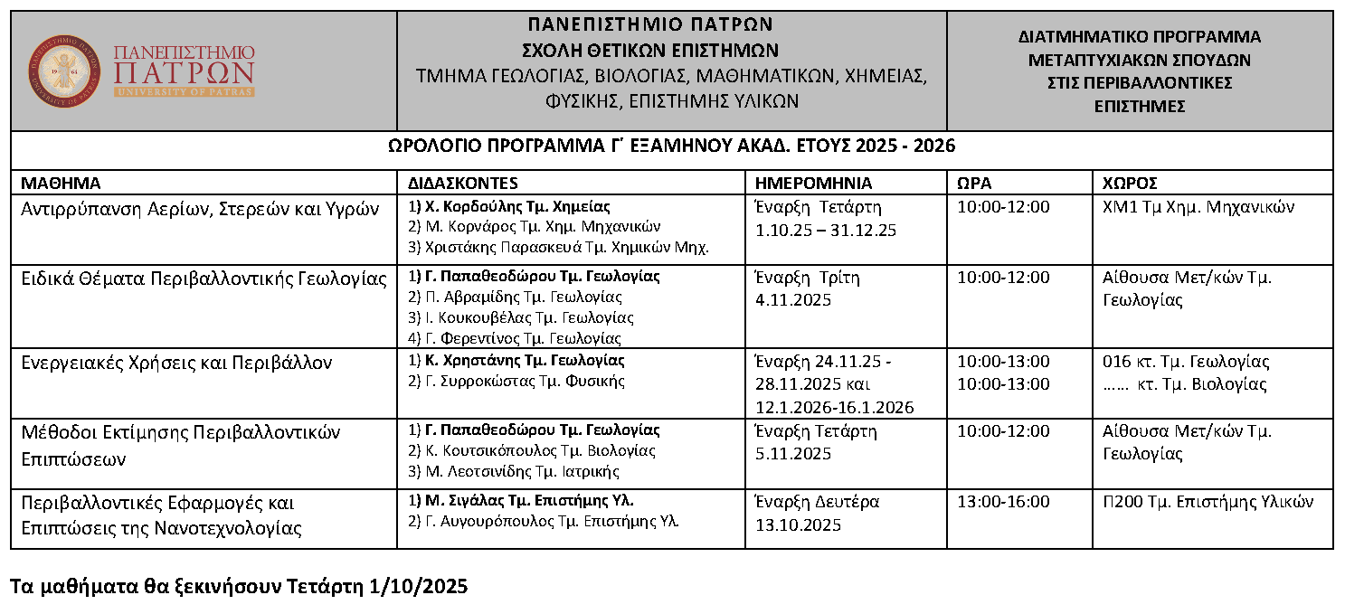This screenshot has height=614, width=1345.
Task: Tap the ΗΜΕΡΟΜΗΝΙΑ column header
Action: pyautogui.click(x=813, y=182)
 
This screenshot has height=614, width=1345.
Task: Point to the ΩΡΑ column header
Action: pyautogui.click(x=974, y=182)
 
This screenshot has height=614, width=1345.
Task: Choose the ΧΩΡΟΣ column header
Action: pyautogui.click(x=1131, y=182)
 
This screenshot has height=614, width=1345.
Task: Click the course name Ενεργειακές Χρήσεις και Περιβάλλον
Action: pyautogui.click(x=176, y=363)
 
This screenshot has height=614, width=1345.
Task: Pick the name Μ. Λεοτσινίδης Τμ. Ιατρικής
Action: pyautogui.click(x=522, y=470)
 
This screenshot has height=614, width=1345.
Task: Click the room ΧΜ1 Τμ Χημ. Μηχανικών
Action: pyautogui.click(x=1198, y=207)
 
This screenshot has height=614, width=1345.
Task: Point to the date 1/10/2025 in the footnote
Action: pyautogui.click(x=419, y=587)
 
